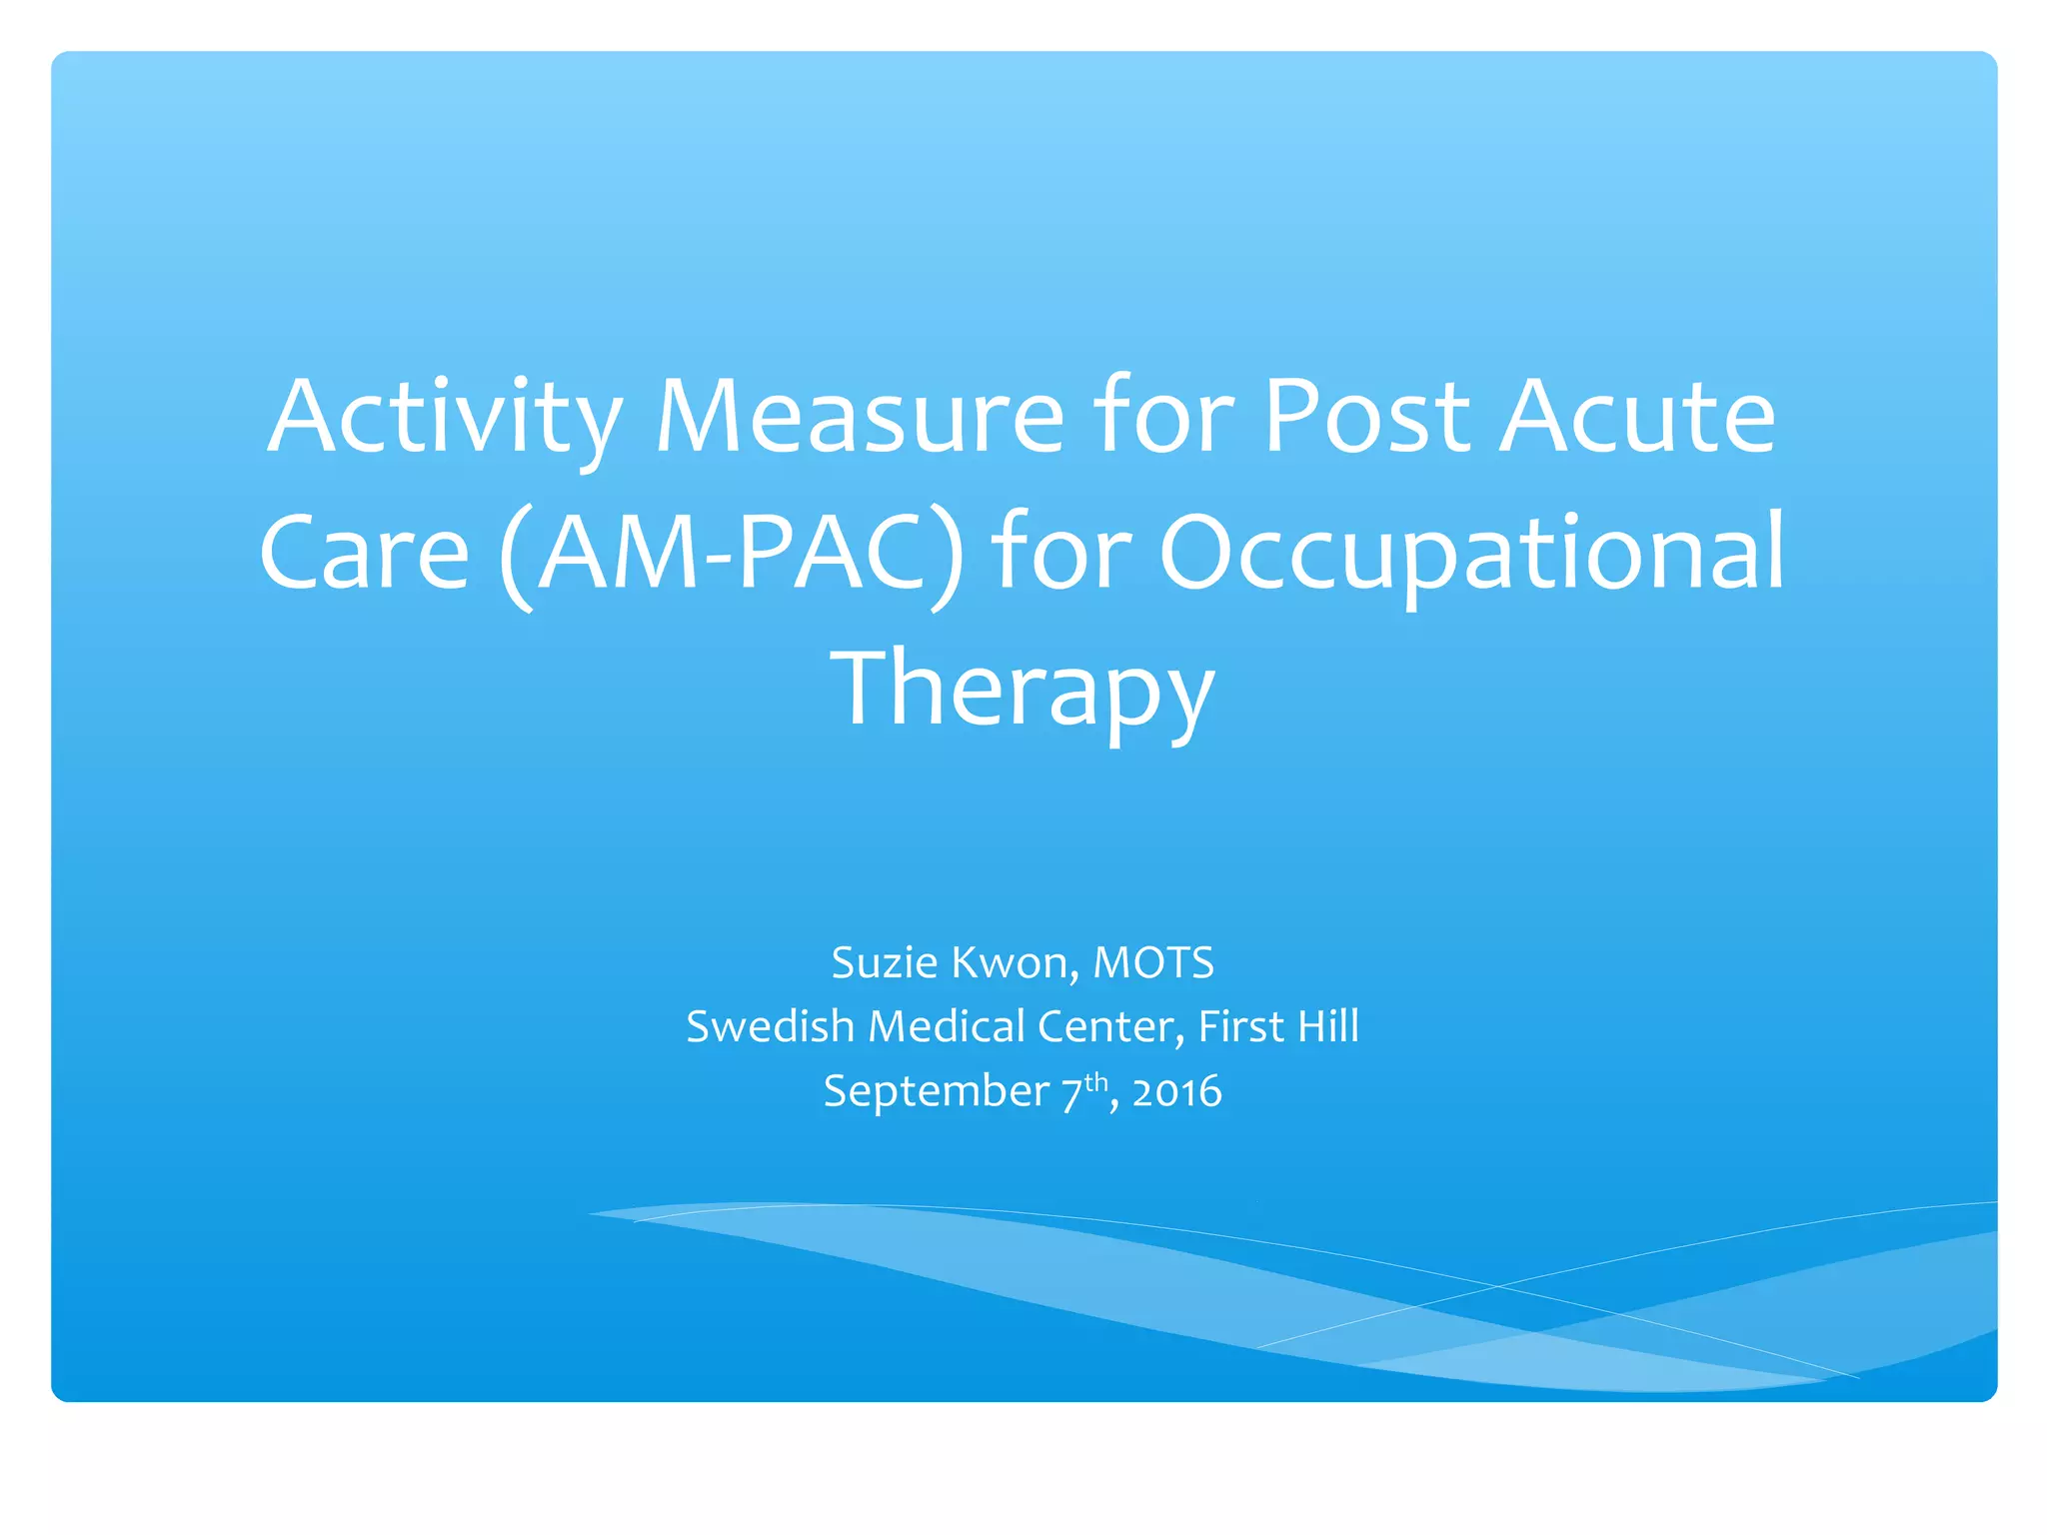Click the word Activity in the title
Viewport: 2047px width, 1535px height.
tap(445, 417)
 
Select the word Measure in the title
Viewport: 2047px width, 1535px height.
tap(859, 417)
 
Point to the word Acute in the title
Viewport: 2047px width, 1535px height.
tap(1638, 417)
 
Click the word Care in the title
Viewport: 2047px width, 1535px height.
tap(365, 553)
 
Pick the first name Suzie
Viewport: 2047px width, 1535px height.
tap(884, 962)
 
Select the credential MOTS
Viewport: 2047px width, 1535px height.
tap(1153, 962)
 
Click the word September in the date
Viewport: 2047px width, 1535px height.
tap(936, 1091)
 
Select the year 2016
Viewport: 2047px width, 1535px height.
tap(1176, 1091)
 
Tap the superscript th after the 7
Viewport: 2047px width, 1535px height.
tap(1096, 1081)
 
